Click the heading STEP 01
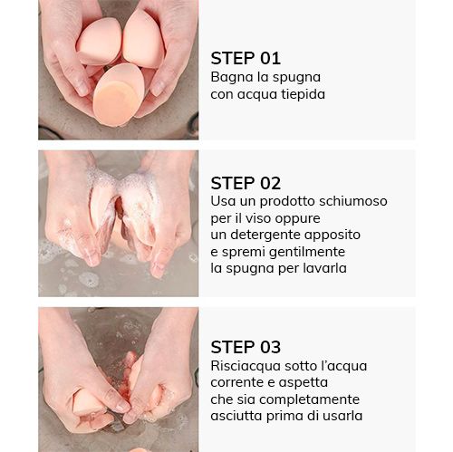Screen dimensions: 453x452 coord(246,58)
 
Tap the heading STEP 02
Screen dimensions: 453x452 coord(246,183)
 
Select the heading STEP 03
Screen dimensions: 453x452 coord(246,347)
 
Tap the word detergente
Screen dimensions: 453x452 coord(265,236)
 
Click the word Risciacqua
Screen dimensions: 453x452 coord(246,367)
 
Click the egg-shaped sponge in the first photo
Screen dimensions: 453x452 coord(118,95)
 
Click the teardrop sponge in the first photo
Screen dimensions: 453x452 coord(143,39)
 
